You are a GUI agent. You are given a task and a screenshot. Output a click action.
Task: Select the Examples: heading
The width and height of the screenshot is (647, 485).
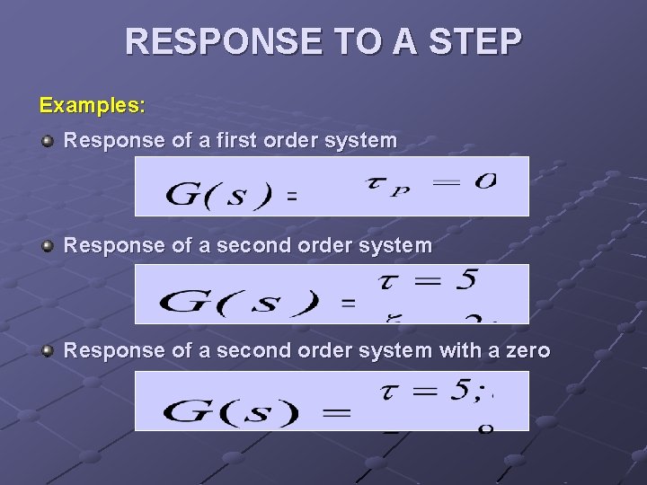(92, 105)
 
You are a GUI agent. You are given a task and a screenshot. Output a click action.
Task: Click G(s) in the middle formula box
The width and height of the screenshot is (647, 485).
(239, 302)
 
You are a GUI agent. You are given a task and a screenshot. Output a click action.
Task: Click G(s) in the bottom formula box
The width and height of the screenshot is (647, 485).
(230, 412)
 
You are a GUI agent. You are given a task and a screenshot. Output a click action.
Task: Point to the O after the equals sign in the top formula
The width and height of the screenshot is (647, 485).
(485, 181)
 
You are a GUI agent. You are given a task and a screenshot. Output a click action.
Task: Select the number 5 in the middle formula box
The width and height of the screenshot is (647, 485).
(465, 280)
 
